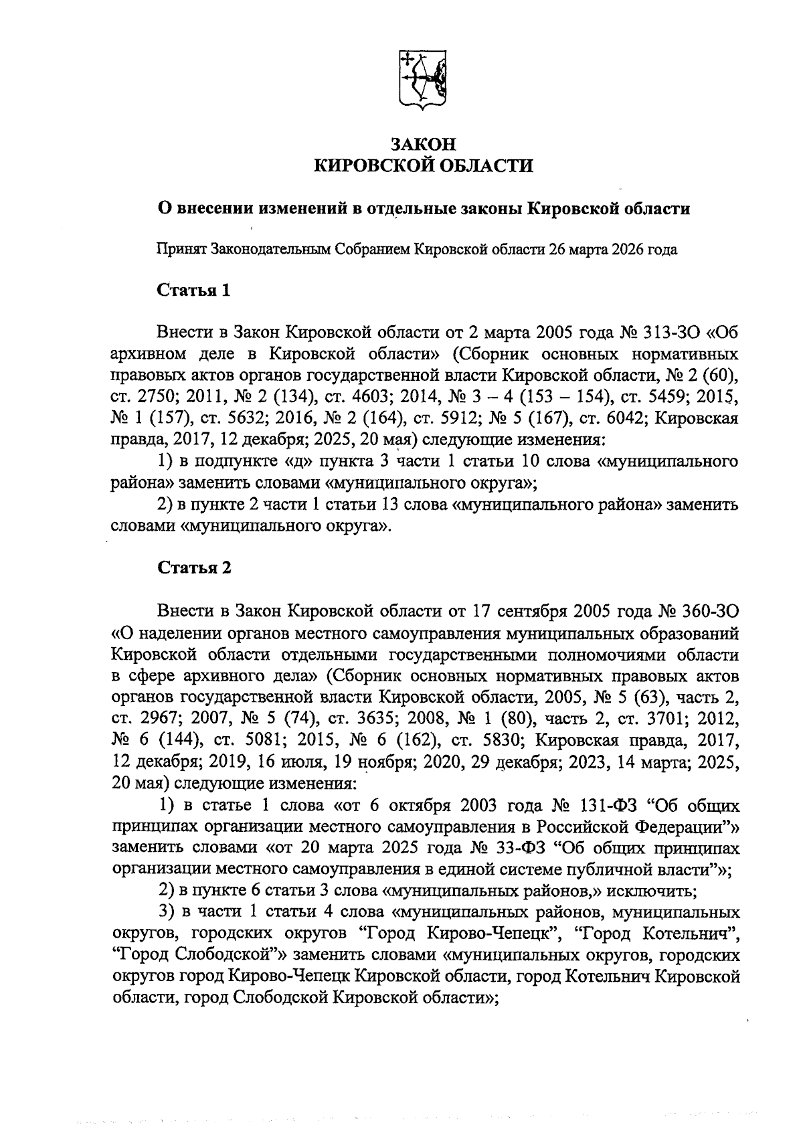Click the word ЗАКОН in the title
[x=423, y=144]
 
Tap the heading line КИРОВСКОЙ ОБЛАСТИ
[x=424, y=165]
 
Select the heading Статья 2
[x=195, y=568]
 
